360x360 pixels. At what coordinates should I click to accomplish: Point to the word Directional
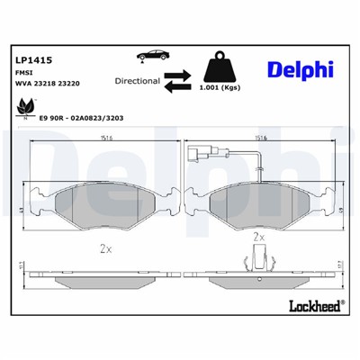tap(137, 80)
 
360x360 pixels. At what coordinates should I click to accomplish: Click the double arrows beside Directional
tap(178, 80)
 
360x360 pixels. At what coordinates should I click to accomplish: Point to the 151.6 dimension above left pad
tap(94, 139)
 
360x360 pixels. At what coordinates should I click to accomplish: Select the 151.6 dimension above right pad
tap(263, 139)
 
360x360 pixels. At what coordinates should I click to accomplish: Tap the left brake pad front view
tap(94, 205)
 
